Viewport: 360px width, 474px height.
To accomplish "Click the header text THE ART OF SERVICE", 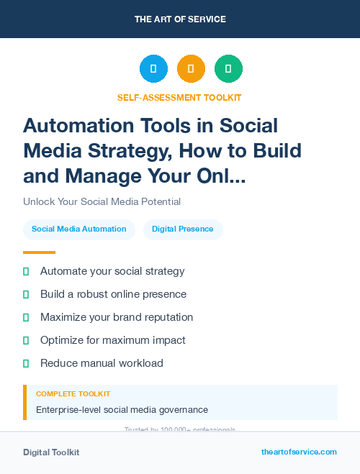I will click(x=180, y=19).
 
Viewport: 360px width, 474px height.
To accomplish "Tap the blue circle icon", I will click(x=153, y=69).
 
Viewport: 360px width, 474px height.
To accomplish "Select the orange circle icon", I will click(x=191, y=69).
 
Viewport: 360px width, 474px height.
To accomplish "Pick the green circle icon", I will click(x=228, y=69).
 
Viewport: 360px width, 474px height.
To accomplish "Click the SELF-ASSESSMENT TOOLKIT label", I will click(x=179, y=97).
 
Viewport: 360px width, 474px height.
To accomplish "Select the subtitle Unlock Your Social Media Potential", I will click(x=102, y=201).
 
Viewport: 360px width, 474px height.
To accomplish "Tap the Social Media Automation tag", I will click(x=79, y=229).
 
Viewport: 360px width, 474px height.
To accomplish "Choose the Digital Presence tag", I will click(x=183, y=229).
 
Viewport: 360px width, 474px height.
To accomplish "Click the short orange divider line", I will click(x=39, y=252).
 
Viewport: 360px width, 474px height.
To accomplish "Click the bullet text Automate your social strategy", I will click(x=112, y=271).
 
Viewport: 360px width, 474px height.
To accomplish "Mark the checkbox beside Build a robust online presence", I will click(x=26, y=294).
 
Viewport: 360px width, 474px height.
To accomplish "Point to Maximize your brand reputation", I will click(x=117, y=317).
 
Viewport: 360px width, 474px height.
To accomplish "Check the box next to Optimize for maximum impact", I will click(x=26, y=340).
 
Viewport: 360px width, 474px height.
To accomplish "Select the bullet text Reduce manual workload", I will click(x=102, y=363).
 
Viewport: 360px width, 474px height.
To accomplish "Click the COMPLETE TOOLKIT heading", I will click(x=73, y=394).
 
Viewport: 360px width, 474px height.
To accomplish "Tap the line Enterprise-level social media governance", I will click(x=122, y=410).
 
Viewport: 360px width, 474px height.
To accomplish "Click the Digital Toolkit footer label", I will click(x=51, y=452).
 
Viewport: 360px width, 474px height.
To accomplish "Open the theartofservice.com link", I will click(x=299, y=452).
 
